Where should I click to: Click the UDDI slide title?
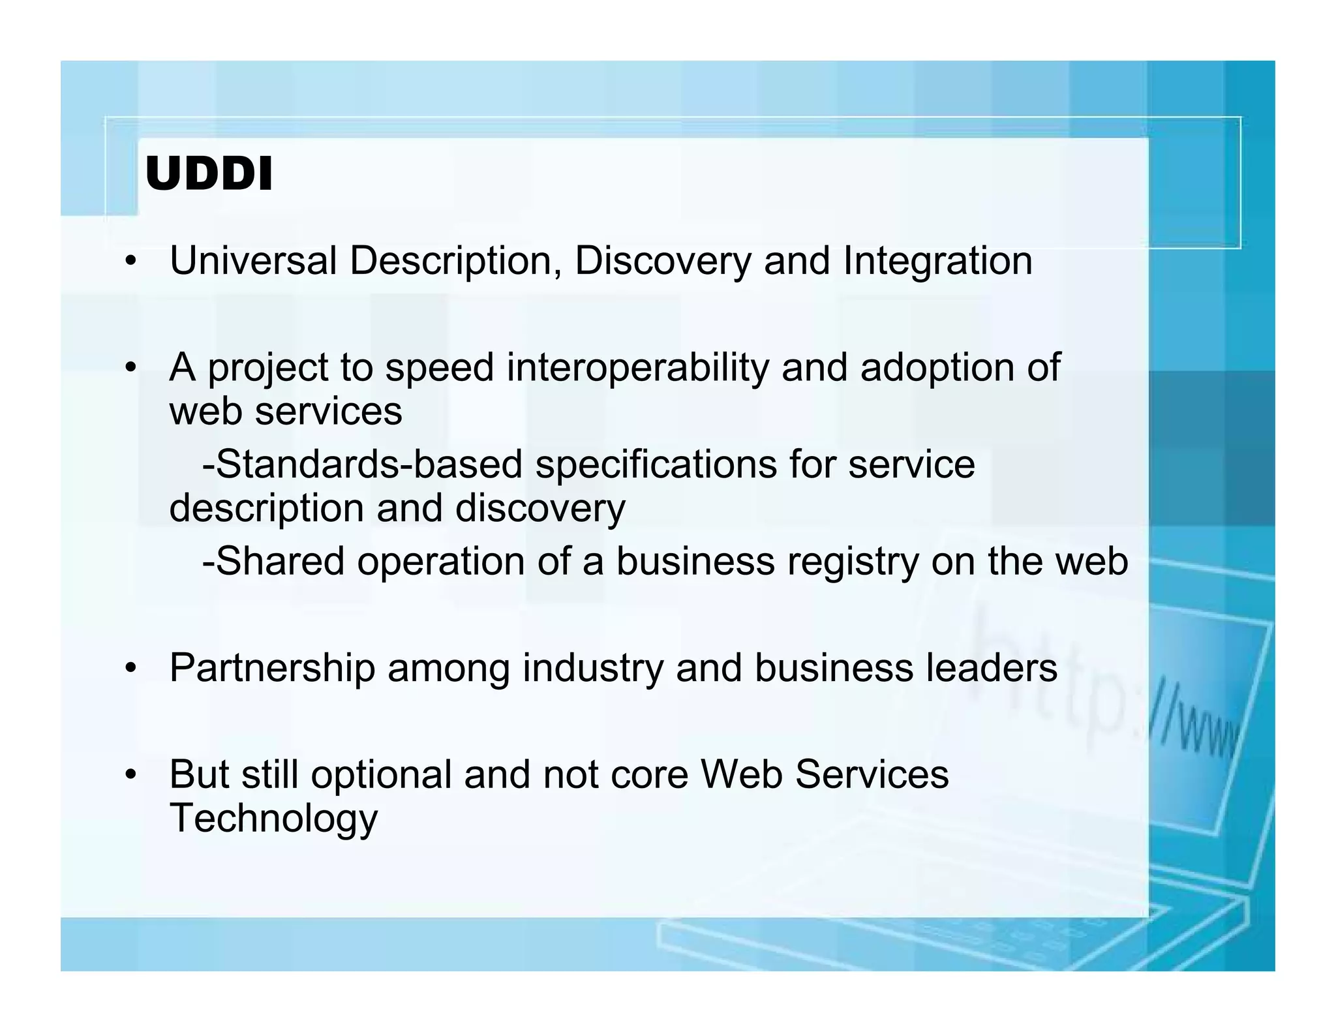point(208,175)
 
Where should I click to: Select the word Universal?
point(253,261)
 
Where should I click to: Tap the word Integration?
point(937,261)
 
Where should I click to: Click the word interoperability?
point(637,368)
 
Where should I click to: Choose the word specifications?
point(656,464)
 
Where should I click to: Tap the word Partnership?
point(272,668)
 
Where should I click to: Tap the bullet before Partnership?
point(132,669)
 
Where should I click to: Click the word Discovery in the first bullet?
point(663,261)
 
